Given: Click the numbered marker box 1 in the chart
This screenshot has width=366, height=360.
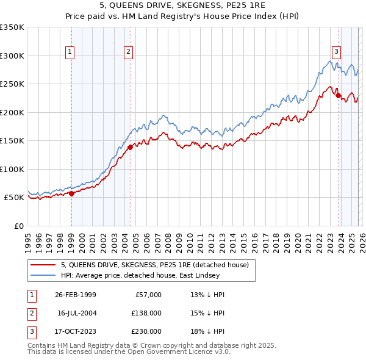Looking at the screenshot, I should point(71,52).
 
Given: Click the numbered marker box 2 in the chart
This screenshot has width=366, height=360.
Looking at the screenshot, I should point(129,52).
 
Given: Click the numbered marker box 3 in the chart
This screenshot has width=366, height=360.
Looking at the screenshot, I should point(337,52).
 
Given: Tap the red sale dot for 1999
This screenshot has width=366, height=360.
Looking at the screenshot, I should point(71,193).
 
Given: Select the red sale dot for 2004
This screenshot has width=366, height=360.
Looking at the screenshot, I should point(130,147).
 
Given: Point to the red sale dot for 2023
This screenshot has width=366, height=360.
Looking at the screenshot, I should point(338,95).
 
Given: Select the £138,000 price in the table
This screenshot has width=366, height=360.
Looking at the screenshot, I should point(147,312).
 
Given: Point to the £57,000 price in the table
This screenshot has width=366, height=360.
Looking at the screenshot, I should point(149,295).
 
